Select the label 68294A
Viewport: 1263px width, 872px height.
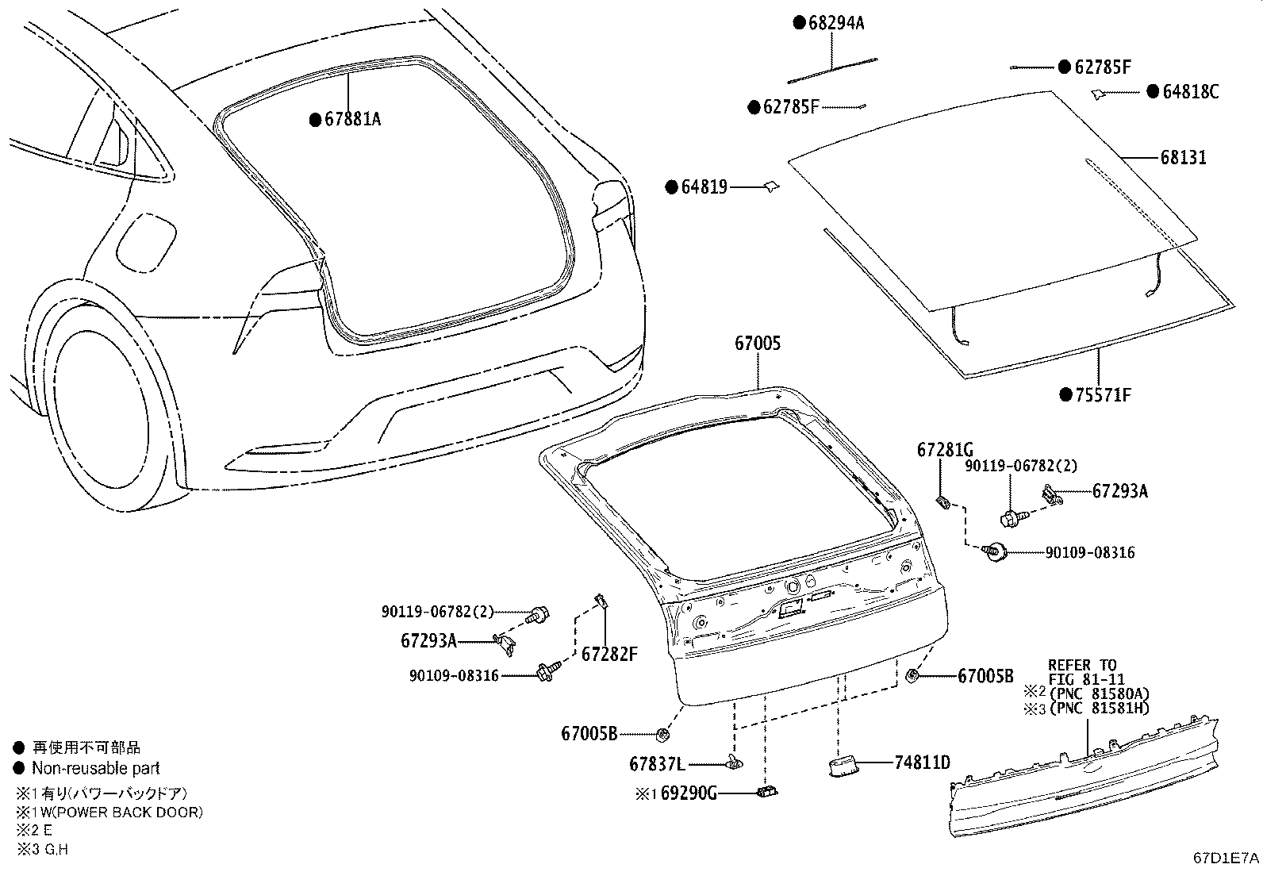click(x=836, y=23)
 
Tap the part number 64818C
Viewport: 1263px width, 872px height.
click(x=1190, y=92)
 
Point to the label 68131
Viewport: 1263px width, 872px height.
click(x=1183, y=158)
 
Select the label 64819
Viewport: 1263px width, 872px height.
click(x=704, y=188)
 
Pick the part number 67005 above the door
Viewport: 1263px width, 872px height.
click(x=757, y=344)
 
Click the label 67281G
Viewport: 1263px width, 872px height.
click(x=945, y=450)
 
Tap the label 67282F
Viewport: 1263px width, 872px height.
click(x=609, y=655)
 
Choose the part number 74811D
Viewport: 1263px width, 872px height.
click(x=922, y=763)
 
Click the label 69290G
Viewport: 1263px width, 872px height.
click(x=689, y=793)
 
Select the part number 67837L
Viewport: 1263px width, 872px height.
click(x=657, y=765)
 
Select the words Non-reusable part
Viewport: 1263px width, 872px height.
click(x=95, y=768)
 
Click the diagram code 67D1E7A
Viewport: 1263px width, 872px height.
click(x=1226, y=858)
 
